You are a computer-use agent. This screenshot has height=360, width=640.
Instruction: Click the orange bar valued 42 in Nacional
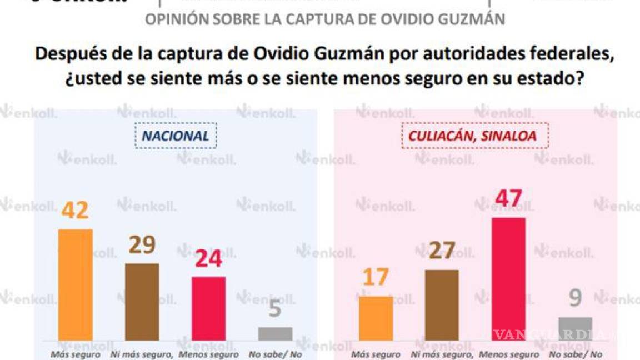click(76, 284)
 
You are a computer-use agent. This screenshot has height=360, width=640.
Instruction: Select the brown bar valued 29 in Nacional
click(142, 301)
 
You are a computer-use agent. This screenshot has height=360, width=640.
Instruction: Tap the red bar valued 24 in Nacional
click(208, 308)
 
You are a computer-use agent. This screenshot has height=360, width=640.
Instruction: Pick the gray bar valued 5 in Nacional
click(275, 333)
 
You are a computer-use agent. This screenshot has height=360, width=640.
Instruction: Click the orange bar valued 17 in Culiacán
click(376, 318)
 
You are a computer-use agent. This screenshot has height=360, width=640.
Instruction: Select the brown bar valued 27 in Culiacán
click(442, 304)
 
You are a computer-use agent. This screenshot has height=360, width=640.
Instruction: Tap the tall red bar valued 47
click(509, 278)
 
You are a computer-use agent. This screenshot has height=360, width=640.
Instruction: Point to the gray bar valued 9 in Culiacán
click(575, 328)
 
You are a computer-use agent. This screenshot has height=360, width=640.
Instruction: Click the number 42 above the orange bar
click(76, 211)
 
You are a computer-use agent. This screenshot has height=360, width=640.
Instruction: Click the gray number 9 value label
click(576, 298)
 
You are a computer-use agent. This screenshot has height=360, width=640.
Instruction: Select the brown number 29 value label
click(142, 245)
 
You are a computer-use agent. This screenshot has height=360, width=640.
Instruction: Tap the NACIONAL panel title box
click(176, 136)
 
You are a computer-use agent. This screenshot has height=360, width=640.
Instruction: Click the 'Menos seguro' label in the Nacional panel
click(208, 354)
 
